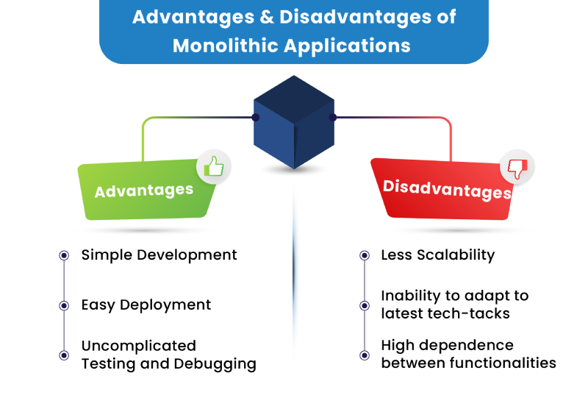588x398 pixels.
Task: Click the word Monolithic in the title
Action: [223, 46]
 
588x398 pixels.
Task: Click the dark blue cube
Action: [293, 121]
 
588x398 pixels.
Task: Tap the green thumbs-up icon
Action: [214, 167]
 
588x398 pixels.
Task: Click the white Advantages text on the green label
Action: [144, 191]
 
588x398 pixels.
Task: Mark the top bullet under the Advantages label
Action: [64, 255]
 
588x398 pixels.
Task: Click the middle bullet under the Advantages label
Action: [64, 305]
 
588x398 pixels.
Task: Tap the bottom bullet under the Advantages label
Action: [64, 355]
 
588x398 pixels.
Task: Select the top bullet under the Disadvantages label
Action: [365, 255]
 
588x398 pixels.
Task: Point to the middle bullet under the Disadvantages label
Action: [365, 305]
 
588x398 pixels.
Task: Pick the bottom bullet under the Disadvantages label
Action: [365, 355]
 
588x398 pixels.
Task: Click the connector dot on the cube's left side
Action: [256, 117]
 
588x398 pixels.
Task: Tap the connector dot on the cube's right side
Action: [332, 117]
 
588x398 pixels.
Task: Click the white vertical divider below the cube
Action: [298, 280]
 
